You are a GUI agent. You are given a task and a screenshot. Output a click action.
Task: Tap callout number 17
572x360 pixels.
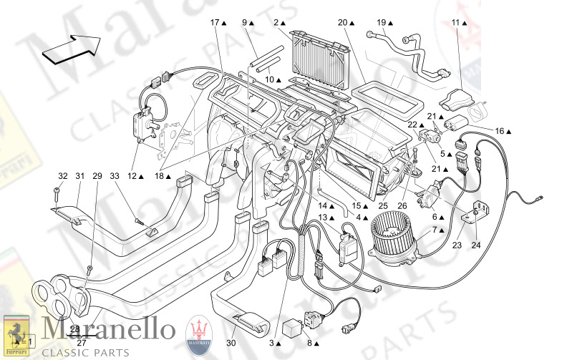(214, 22)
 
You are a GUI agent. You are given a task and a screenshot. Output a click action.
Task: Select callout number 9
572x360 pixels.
(244, 22)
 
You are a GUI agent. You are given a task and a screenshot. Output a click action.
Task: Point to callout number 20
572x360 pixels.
(342, 22)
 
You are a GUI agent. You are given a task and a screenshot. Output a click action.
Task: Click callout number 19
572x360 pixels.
(382, 22)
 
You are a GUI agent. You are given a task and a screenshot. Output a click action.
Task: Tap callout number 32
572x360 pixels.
(63, 177)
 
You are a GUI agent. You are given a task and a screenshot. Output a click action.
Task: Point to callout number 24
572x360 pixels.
(475, 245)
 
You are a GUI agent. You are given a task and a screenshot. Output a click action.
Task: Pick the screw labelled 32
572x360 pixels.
(55, 191)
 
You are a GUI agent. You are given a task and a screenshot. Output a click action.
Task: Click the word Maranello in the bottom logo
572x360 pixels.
(108, 330)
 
